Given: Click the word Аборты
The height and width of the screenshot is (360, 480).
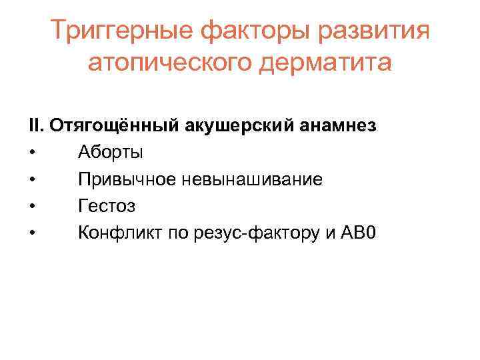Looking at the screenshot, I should tap(110, 153).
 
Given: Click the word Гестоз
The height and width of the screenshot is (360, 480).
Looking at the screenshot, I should tap(107, 206).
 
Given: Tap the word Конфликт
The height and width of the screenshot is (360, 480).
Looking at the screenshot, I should tap(120, 233).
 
